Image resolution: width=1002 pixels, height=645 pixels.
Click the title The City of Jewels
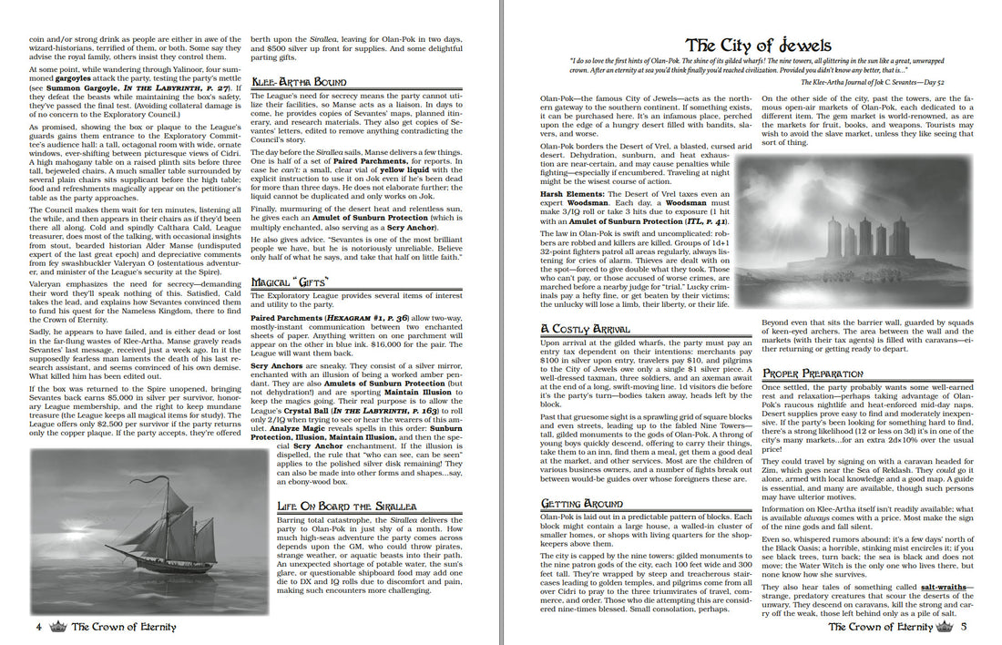tap(758, 45)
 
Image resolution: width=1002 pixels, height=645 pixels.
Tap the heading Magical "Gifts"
tap(289, 282)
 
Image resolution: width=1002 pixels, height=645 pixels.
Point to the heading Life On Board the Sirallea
tap(347, 506)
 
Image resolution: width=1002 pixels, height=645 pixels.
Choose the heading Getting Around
tap(581, 503)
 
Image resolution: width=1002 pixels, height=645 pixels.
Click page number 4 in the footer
tap(39, 627)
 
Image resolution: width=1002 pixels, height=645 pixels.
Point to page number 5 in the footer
tap(963, 627)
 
